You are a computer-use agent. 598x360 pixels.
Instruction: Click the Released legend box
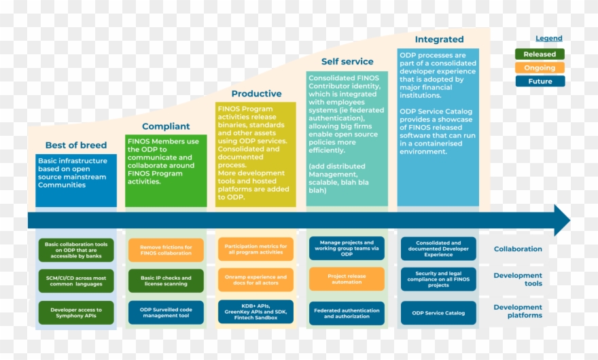coord(540,54)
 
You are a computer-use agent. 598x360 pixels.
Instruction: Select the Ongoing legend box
coord(540,68)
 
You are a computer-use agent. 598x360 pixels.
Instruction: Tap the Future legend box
coord(540,82)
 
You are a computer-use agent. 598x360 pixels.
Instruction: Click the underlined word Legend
coord(548,39)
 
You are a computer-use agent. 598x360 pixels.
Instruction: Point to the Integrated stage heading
coord(439,39)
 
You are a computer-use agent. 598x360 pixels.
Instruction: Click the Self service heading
coord(347,62)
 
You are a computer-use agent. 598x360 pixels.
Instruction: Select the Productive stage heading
coord(256,94)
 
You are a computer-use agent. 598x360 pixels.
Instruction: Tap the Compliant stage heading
coord(166,126)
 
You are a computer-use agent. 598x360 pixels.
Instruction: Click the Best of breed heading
coord(76,145)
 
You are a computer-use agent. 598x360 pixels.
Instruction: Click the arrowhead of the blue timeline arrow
coord(562,220)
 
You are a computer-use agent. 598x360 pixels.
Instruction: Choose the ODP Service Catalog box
coord(438,313)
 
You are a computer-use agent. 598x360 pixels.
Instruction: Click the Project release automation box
coord(347,279)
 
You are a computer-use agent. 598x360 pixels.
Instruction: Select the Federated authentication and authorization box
coord(347,313)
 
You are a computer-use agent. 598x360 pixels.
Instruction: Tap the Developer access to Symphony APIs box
coord(76,313)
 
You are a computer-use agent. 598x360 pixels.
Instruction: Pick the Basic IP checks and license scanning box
coord(166,281)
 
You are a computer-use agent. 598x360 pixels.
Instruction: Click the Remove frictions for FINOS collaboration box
coord(166,249)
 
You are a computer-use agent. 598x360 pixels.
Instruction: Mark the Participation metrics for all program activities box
coord(256,249)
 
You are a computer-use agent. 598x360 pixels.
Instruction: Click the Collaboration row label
coord(518,249)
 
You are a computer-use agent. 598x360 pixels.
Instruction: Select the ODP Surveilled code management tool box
coord(166,313)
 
